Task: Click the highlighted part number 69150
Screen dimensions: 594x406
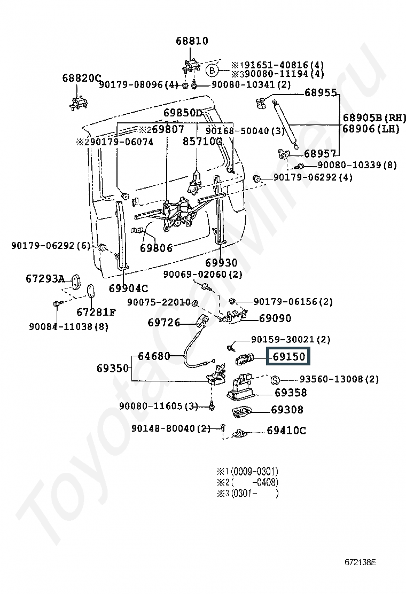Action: (288, 356)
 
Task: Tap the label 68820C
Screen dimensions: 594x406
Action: (81, 78)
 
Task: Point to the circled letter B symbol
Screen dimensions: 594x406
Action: (212, 70)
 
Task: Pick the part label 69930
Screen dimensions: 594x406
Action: (221, 263)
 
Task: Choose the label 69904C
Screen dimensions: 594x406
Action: (128, 288)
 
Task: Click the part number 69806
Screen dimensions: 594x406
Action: (157, 248)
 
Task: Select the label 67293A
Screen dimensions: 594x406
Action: (45, 279)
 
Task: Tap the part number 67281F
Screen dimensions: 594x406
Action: (96, 312)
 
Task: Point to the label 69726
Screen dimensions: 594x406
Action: (163, 323)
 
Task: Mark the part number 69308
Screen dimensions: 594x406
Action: (287, 410)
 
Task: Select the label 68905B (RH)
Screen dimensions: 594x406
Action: (374, 118)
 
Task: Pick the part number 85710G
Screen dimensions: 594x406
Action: (202, 142)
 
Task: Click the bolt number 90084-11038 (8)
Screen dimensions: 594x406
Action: (68, 326)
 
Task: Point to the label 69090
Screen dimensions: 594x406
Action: (275, 318)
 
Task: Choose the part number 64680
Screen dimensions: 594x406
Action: (154, 356)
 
